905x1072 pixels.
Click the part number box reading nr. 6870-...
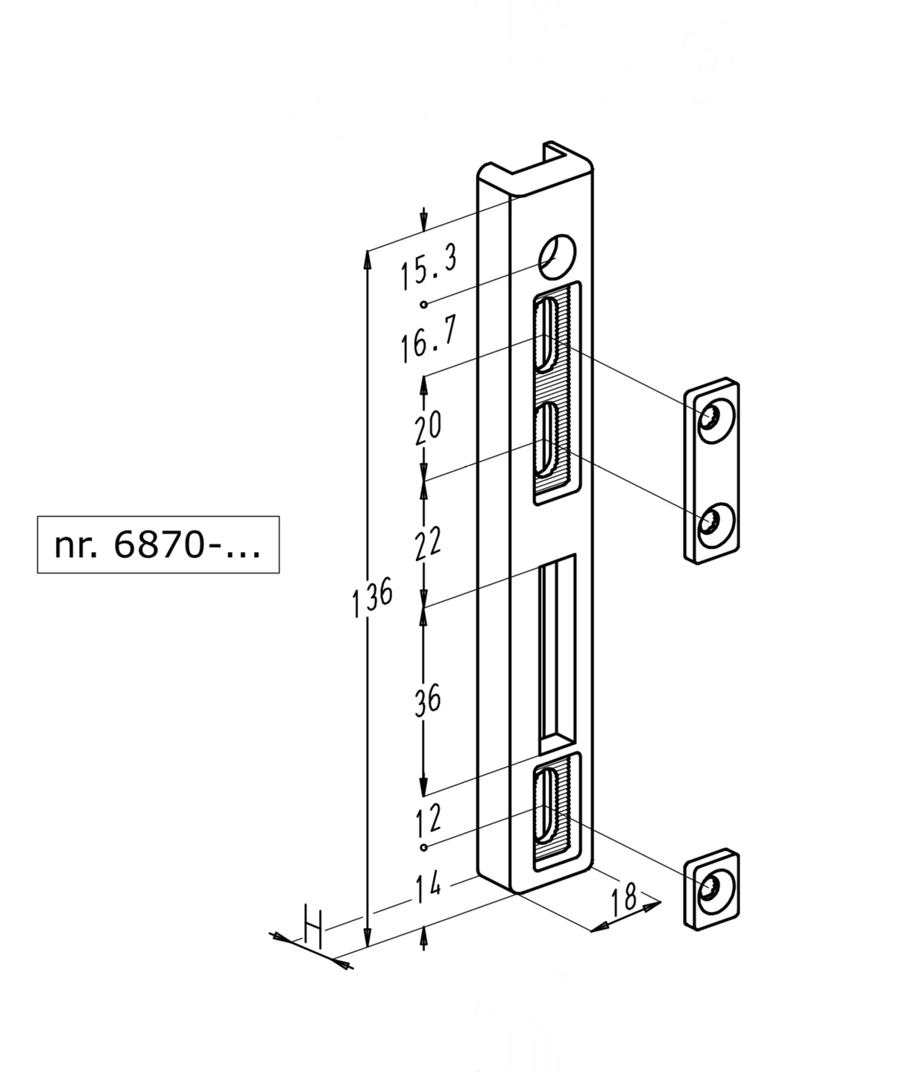pyautogui.click(x=158, y=545)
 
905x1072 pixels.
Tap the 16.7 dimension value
pyautogui.click(x=428, y=339)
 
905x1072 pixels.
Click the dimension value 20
pyautogui.click(x=428, y=427)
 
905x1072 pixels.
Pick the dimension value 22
pyautogui.click(x=428, y=542)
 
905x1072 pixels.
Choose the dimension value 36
pyautogui.click(x=428, y=700)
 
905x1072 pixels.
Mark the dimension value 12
pyautogui.click(x=428, y=820)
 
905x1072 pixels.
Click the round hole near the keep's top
pyautogui.click(x=558, y=254)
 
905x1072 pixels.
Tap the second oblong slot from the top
pyautogui.click(x=545, y=438)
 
